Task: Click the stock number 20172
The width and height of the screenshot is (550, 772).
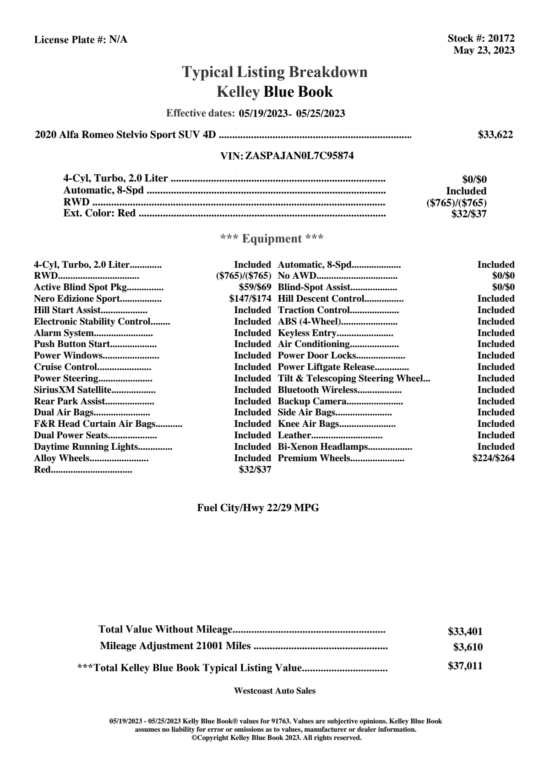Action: [x=501, y=39]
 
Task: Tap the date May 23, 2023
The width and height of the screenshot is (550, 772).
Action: [x=484, y=50]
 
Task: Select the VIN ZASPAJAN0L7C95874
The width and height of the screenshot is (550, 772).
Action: [x=300, y=156]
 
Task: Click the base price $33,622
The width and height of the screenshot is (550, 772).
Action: [x=495, y=135]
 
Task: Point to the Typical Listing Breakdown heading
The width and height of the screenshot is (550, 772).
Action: [x=275, y=72]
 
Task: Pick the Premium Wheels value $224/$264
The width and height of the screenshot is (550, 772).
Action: [x=493, y=458]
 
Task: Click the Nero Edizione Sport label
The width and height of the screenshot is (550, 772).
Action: [x=77, y=299]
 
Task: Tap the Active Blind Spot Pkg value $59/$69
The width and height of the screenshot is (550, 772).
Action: [x=255, y=287]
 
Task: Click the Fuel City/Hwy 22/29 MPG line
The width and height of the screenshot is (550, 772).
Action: [x=258, y=508]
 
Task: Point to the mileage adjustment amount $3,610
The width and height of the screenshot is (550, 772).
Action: [x=468, y=647]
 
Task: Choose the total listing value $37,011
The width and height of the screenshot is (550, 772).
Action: [x=465, y=666]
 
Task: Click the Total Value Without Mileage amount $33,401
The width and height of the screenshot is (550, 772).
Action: [x=465, y=632]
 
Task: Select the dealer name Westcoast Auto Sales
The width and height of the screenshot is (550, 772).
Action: [x=274, y=691]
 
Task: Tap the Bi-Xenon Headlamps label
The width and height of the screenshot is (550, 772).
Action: [x=323, y=447]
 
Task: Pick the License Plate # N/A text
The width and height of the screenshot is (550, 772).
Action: [x=81, y=40]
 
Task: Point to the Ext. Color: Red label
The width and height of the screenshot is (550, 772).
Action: [x=99, y=213]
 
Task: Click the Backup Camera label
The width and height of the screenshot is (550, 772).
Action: [x=312, y=401]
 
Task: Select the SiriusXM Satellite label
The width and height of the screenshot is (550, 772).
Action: [x=73, y=390]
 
